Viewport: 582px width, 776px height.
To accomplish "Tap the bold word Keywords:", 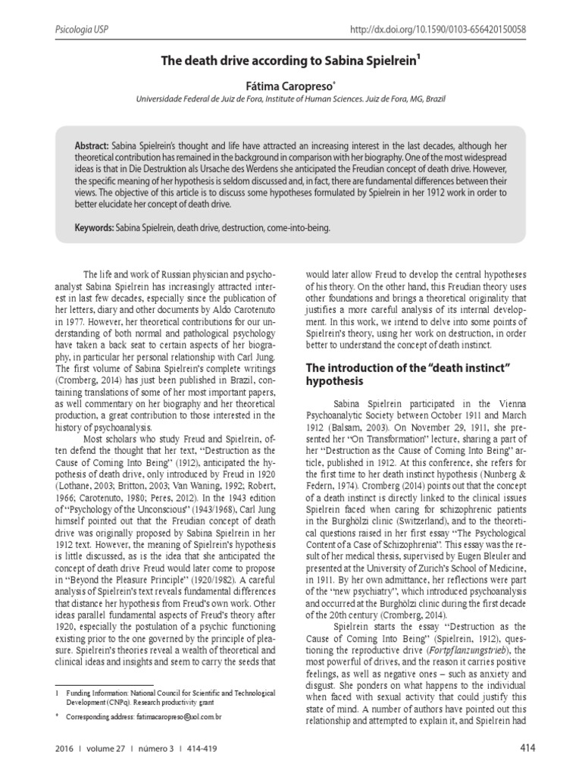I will [95, 227].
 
